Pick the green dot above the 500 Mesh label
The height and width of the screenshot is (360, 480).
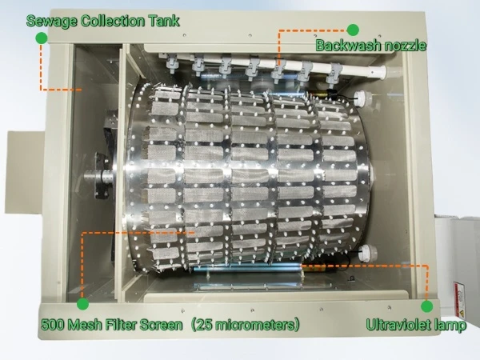tap(82, 304)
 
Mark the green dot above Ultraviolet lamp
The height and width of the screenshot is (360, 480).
tap(427, 305)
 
